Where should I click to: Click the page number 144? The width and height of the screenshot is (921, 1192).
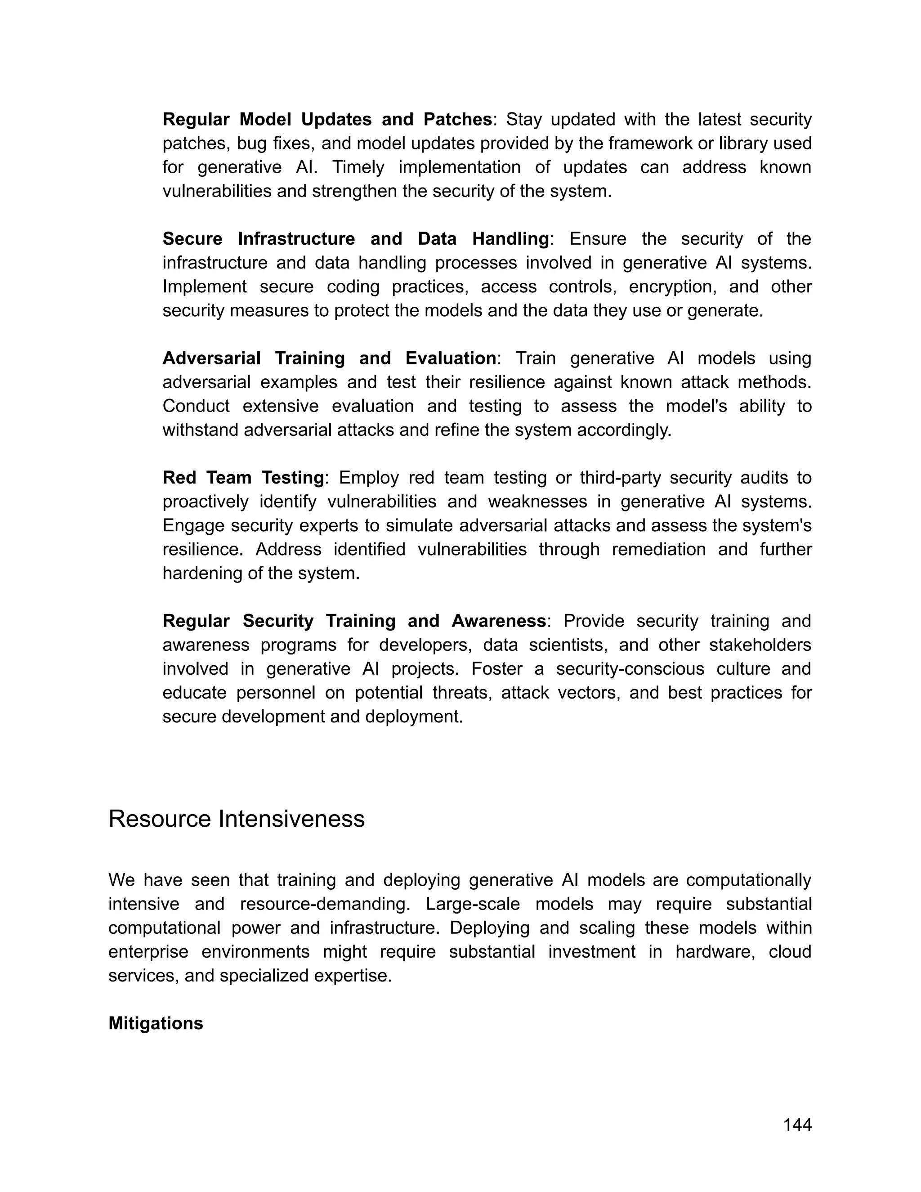(x=797, y=1125)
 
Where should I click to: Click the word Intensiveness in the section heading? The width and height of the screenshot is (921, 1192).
(x=291, y=819)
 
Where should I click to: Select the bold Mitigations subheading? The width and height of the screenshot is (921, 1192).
(x=156, y=1023)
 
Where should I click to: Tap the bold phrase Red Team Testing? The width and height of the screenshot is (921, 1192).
(x=243, y=478)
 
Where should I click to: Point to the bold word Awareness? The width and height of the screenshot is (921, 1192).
(x=498, y=621)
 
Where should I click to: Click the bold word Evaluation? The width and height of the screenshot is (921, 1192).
(x=451, y=358)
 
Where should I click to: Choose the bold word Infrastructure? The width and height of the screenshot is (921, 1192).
(x=296, y=239)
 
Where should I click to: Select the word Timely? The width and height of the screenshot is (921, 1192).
(x=358, y=167)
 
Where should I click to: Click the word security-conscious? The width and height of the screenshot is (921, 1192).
(x=630, y=668)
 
